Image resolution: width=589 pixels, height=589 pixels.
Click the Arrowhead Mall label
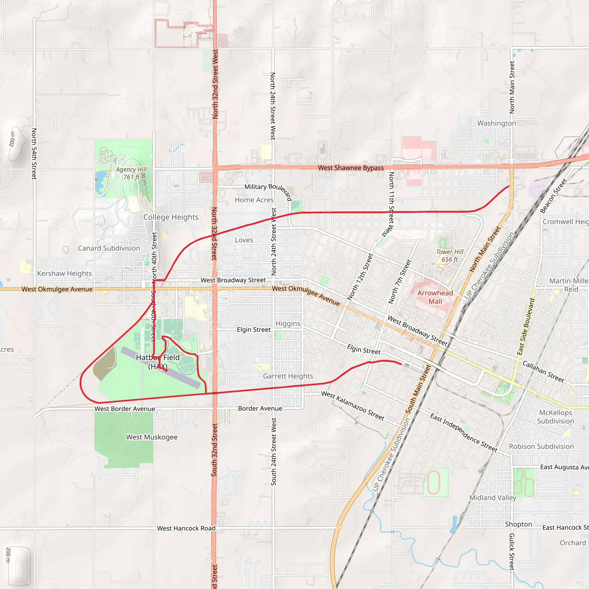tap(435, 297)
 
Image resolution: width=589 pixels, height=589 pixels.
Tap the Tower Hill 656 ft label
tap(450, 255)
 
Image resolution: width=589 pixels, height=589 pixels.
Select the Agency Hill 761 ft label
tap(131, 173)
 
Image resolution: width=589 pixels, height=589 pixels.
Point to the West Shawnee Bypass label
tap(351, 168)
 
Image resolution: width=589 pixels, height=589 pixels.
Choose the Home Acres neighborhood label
tap(254, 200)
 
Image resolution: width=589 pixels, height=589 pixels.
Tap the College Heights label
tap(171, 217)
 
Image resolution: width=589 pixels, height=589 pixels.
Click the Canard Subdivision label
tap(109, 248)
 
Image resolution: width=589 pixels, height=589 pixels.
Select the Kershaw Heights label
tap(64, 274)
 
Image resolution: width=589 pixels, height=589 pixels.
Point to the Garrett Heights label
tap(288, 376)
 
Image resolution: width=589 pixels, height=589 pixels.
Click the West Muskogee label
tap(152, 437)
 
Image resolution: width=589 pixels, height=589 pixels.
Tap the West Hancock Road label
tap(186, 528)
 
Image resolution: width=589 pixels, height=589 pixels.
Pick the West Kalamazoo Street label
tap(353, 406)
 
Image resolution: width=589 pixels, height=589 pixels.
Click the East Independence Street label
tap(464, 433)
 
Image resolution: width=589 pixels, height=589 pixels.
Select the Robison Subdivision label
tap(541, 447)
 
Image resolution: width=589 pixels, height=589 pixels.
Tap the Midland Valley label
tap(493, 498)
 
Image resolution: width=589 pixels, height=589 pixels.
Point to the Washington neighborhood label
tap(496, 123)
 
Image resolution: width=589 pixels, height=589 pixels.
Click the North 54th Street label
tap(34, 154)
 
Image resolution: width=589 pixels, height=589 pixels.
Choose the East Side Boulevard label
tap(526, 326)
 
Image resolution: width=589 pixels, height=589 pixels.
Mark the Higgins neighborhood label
tap(288, 324)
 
